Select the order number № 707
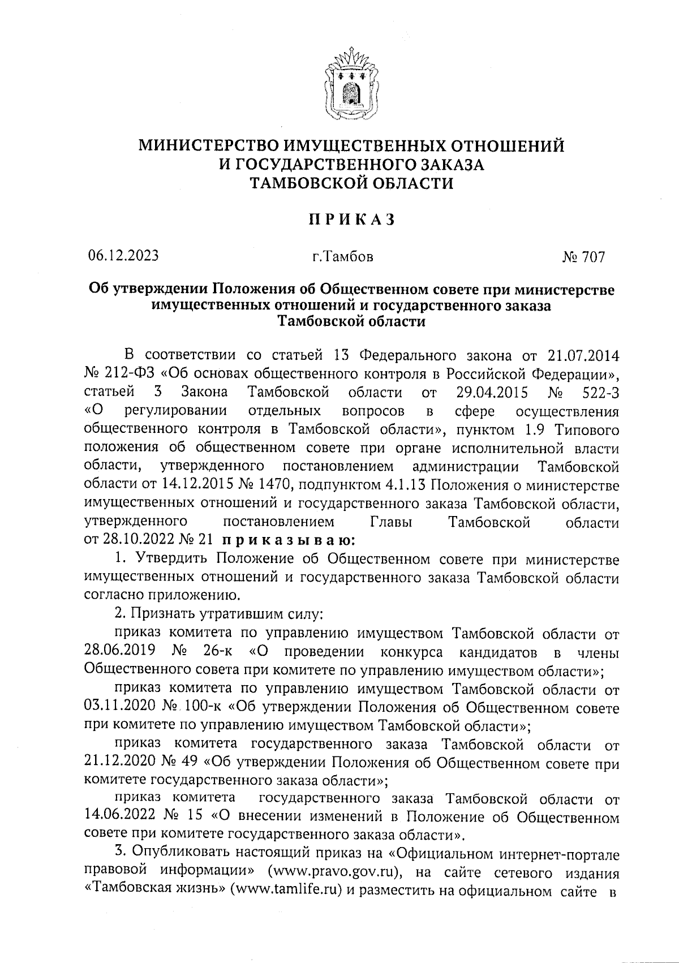coord(583,257)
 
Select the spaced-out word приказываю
coord(289,540)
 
